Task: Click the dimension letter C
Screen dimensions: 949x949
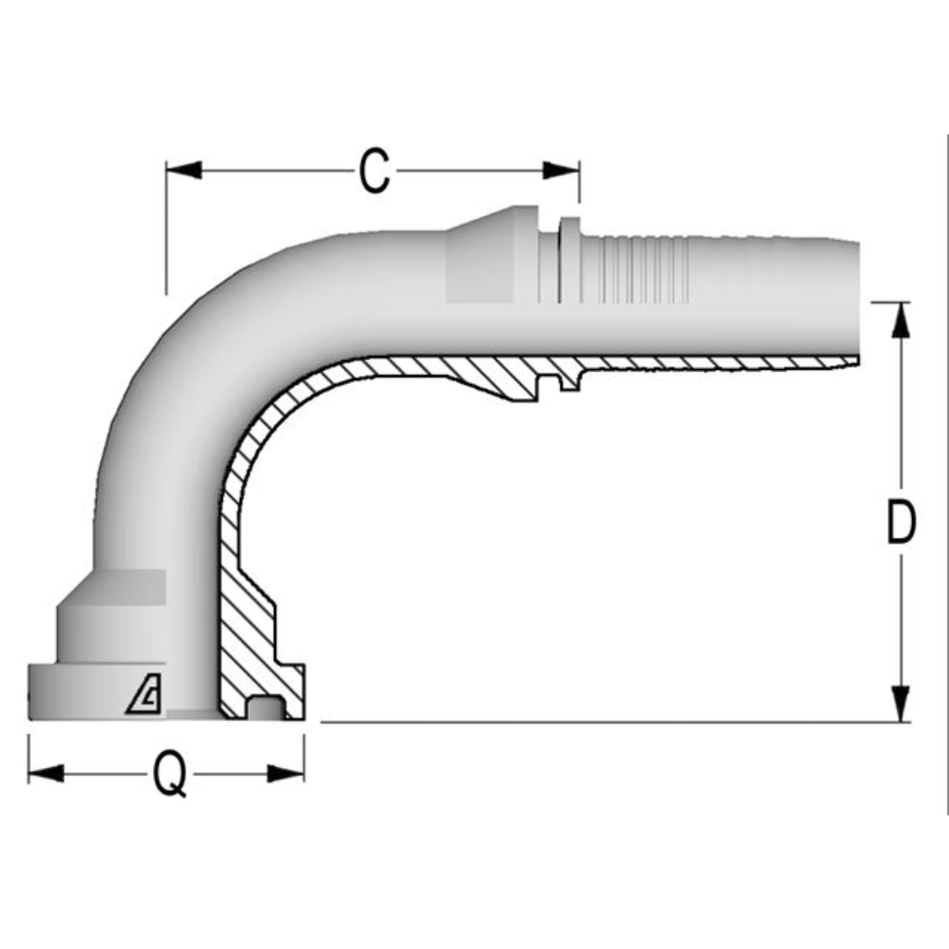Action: tap(373, 170)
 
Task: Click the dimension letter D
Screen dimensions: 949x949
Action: tap(901, 524)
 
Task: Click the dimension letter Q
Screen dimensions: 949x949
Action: tap(170, 774)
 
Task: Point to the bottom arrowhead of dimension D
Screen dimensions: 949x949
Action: tap(901, 704)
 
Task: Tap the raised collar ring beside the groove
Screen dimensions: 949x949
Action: tap(569, 260)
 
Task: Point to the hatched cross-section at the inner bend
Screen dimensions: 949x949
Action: tap(264, 422)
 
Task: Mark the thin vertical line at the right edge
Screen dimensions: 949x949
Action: tap(946, 474)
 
